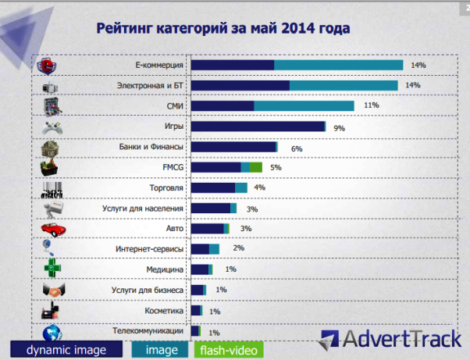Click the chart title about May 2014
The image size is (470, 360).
[223, 28]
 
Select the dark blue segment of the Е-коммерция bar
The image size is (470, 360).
[233, 65]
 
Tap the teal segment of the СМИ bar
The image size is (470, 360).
[304, 105]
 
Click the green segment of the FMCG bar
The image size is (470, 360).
[255, 167]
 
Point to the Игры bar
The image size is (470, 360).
[258, 127]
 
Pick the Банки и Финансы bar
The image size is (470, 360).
[233, 147]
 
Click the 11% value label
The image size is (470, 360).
[371, 105]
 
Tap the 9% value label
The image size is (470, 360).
[339, 127]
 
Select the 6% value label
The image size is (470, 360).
[296, 148]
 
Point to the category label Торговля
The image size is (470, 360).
[166, 188]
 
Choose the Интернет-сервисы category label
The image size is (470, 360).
[148, 249]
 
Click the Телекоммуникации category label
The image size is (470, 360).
[148, 331]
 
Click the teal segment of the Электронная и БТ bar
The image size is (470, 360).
[344, 85]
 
